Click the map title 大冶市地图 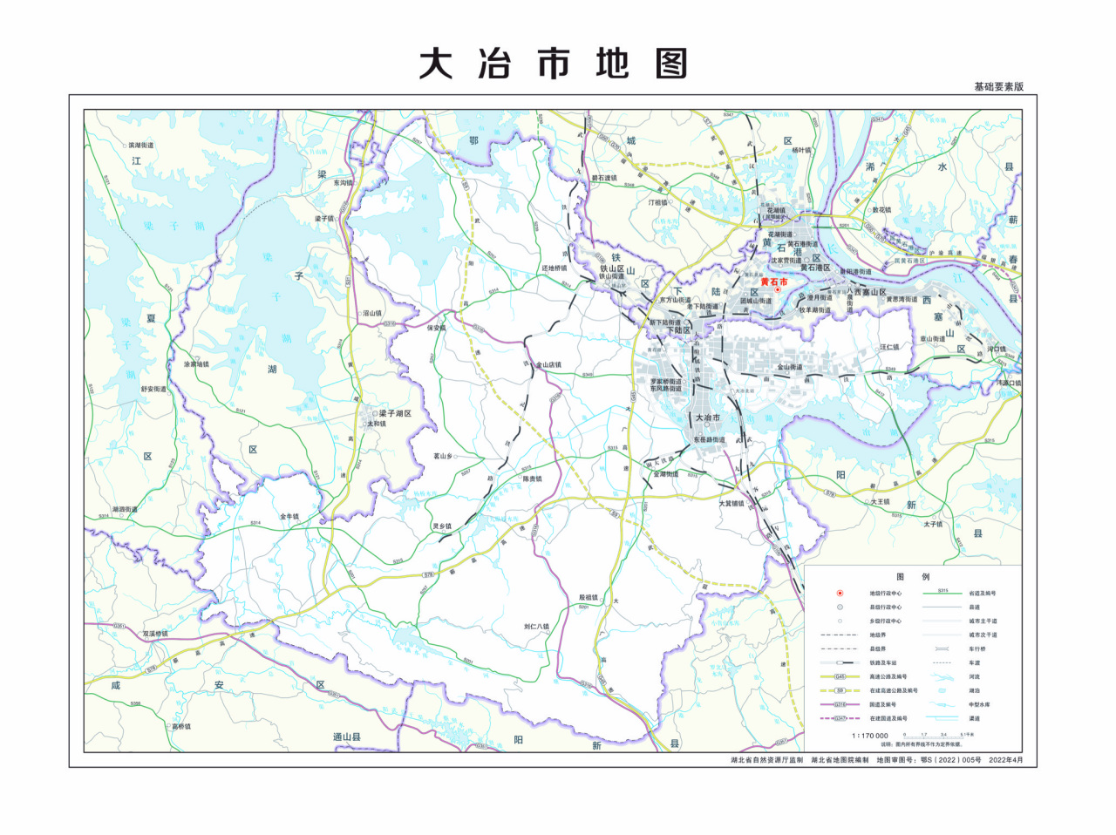click(x=554, y=64)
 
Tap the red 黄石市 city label click(x=773, y=282)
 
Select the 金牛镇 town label click(x=289, y=517)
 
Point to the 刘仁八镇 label click(x=536, y=627)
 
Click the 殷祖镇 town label click(x=589, y=598)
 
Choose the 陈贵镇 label click(x=532, y=479)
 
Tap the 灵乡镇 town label click(x=442, y=526)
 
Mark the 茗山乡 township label click(x=443, y=456)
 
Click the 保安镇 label click(x=436, y=329)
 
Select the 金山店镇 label click(x=548, y=365)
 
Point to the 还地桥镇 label click(x=555, y=268)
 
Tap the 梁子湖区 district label click(x=394, y=413)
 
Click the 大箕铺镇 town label click(x=732, y=503)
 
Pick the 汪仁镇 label click(x=889, y=347)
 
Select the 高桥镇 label click(x=181, y=726)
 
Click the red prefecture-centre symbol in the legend click(x=840, y=593)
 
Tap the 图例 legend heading click(x=913, y=577)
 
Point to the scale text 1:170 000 click(x=870, y=736)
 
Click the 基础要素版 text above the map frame click(x=998, y=86)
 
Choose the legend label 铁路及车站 click(x=882, y=663)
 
